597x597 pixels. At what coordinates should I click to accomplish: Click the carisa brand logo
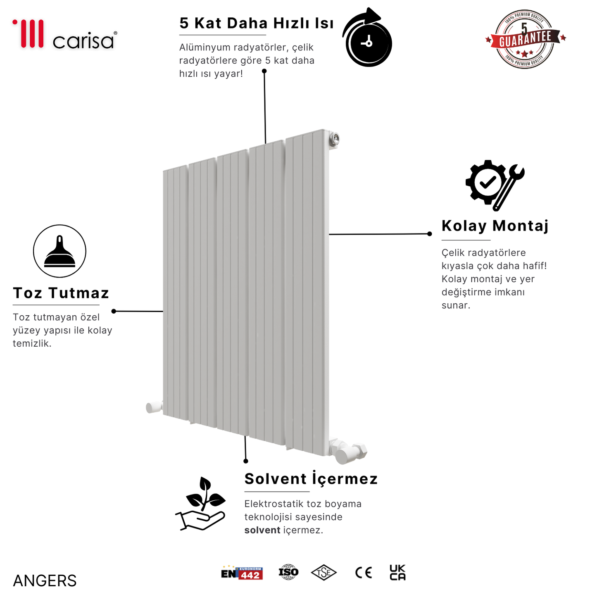coord(65,35)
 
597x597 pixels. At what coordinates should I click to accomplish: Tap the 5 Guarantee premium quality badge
coord(525,39)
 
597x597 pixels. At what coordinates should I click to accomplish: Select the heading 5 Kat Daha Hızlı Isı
coord(256,24)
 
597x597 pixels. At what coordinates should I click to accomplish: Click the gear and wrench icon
coord(494,185)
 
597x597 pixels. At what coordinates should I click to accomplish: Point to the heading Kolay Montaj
coord(495,226)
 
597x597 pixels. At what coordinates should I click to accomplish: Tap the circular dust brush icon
coord(59,251)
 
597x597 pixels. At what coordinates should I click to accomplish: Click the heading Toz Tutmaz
coord(61,293)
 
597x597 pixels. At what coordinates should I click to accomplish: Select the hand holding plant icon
coord(201,504)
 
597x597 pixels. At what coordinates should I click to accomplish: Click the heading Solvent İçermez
coord(311,479)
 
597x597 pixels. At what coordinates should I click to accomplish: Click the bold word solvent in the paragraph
coord(262,530)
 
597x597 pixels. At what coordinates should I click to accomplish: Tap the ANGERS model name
coord(45,581)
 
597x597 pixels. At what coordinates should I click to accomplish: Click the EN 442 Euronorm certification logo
coord(242,573)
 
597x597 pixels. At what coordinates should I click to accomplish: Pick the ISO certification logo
coord(288,572)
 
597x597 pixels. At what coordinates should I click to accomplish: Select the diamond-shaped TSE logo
coord(323,573)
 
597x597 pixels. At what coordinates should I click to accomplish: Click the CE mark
coord(364,573)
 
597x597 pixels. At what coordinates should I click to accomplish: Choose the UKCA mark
coord(397,573)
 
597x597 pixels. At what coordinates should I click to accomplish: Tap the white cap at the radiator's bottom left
coord(154,407)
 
